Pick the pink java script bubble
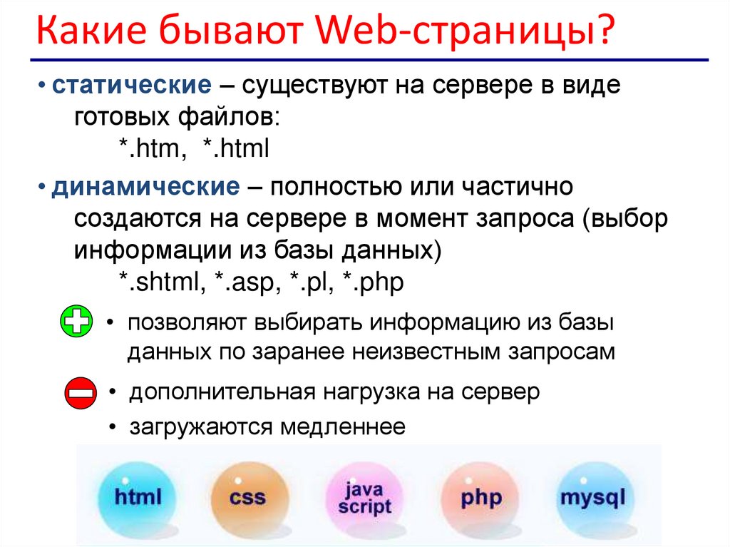coord(364,498)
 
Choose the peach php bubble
coord(481,496)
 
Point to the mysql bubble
coord(592,496)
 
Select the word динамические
coord(145,188)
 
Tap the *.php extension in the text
coord(373,283)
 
